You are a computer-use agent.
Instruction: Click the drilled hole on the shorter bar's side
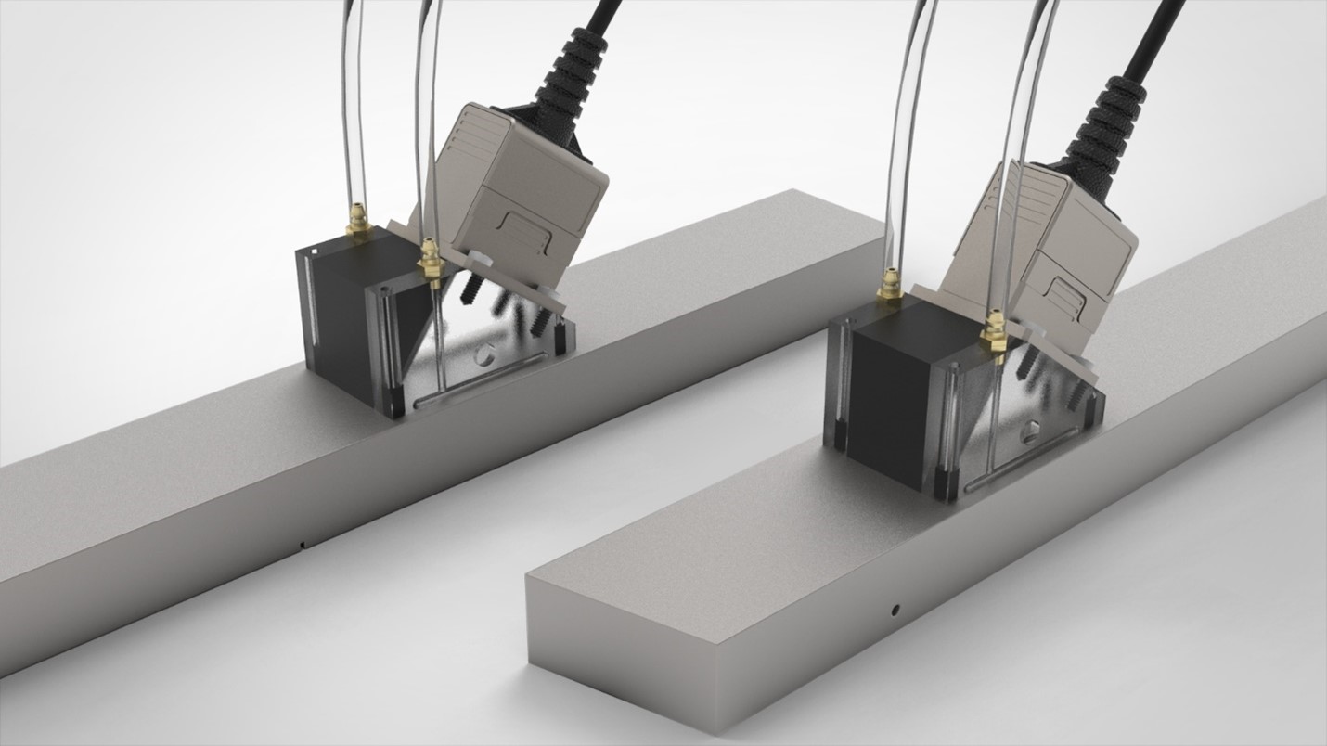pos(895,611)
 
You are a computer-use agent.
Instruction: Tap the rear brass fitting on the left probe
pos(356,223)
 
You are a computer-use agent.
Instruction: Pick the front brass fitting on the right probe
pos(994,334)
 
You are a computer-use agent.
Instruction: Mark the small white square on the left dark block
pos(315,251)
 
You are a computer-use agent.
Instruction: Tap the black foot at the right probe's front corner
pos(944,487)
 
